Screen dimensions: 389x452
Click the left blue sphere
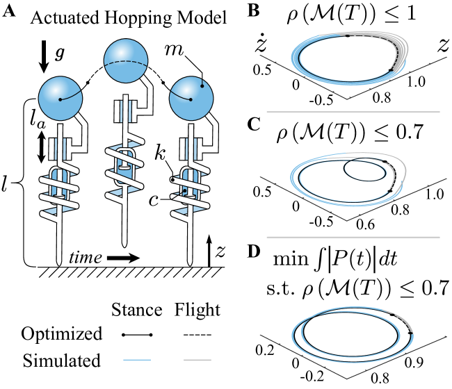click(x=60, y=98)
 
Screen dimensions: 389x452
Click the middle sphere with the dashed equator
click(x=126, y=60)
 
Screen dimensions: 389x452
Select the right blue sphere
click(x=191, y=98)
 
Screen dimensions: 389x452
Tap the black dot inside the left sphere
click(x=60, y=99)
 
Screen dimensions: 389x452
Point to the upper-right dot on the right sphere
click(x=202, y=86)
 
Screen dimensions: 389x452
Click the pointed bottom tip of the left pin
click(x=59, y=263)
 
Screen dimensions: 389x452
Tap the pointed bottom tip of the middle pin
click(x=124, y=245)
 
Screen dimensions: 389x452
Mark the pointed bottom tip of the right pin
click(x=190, y=263)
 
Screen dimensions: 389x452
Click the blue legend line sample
click(x=137, y=359)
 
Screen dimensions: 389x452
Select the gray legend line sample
click(x=197, y=359)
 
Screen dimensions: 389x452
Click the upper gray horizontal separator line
click(x=353, y=112)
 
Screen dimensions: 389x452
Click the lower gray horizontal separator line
click(x=353, y=237)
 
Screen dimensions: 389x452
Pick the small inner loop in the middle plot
click(x=364, y=169)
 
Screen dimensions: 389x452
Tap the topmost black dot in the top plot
click(x=348, y=35)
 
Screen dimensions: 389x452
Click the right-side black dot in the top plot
click(x=391, y=69)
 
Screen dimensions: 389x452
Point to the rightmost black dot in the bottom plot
click(x=410, y=333)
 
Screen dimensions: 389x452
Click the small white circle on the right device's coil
click(x=172, y=180)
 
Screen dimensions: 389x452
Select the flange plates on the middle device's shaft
click(x=124, y=111)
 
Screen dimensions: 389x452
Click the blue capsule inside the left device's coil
click(x=59, y=183)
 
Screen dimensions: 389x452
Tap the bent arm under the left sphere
click(x=82, y=132)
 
